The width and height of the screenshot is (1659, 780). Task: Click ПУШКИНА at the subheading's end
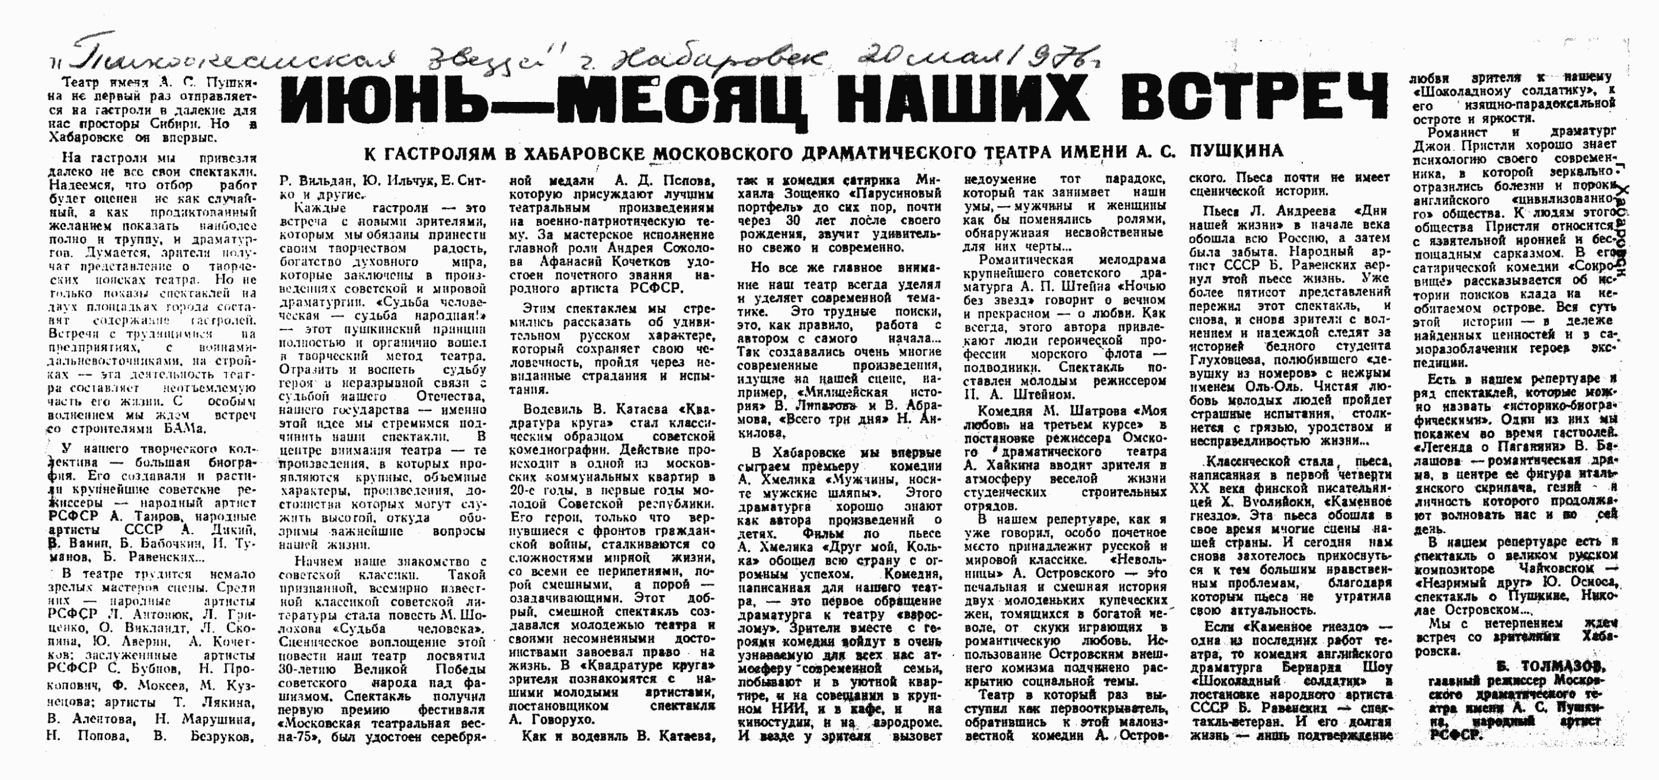[x=1237, y=151]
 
